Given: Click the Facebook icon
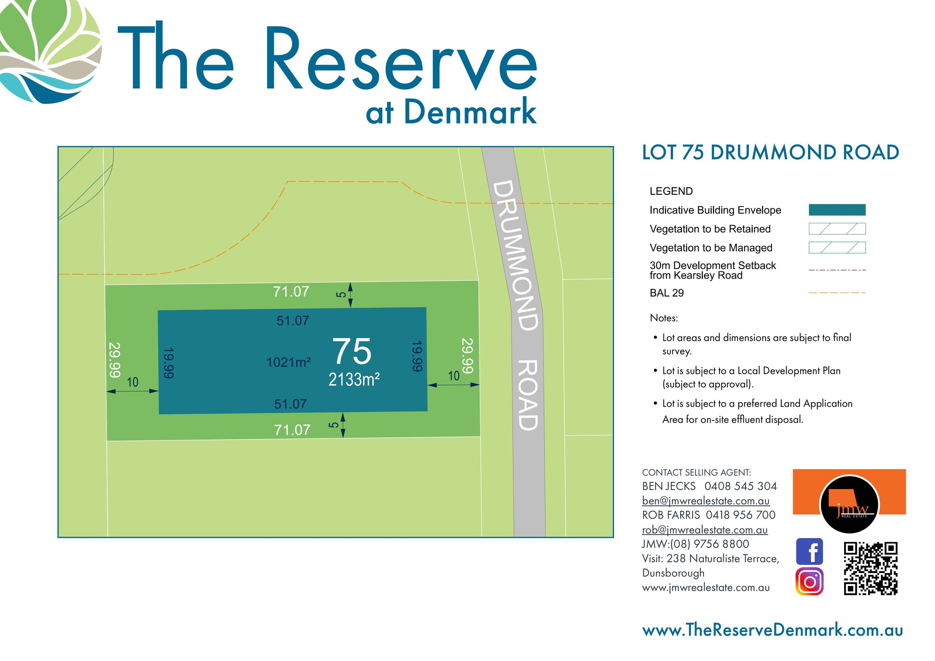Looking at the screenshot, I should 809,551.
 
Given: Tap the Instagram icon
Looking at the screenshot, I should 809,582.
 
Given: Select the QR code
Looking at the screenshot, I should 871,568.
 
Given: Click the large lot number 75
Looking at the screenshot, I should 352,351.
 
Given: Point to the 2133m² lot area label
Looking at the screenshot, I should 354,380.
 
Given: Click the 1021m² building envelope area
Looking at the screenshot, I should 289,362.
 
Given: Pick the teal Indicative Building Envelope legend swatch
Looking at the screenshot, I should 837,210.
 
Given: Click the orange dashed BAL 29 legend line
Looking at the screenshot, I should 837,293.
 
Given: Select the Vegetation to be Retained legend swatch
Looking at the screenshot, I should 837,229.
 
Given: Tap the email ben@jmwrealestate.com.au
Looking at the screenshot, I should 706,501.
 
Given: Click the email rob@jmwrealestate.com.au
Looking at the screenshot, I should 705,530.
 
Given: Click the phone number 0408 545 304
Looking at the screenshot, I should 741,486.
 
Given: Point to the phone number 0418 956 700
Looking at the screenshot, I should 741,515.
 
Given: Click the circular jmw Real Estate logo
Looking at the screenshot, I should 849,505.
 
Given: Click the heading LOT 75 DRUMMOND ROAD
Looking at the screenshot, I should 770,153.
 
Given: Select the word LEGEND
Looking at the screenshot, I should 671,191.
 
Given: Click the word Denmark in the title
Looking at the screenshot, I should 470,111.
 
